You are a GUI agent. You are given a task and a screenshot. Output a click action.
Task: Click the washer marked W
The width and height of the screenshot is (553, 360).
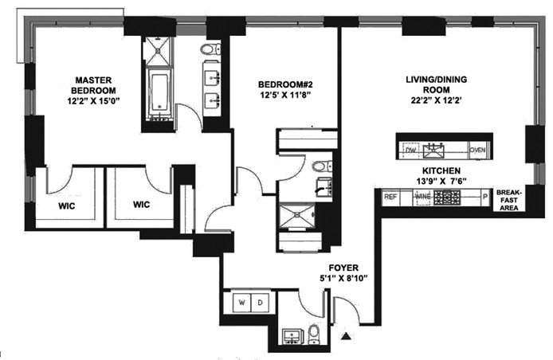coord(242,303)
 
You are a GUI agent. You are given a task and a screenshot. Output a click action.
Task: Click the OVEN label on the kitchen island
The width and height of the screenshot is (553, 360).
coord(477,150)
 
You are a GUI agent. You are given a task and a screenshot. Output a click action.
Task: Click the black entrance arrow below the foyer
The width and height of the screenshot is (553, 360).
coord(345,338)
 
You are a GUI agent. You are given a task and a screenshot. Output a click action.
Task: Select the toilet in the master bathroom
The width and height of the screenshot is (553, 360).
coord(209,50)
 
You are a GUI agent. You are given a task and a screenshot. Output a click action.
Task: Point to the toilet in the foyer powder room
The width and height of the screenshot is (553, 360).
coord(313,334)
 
